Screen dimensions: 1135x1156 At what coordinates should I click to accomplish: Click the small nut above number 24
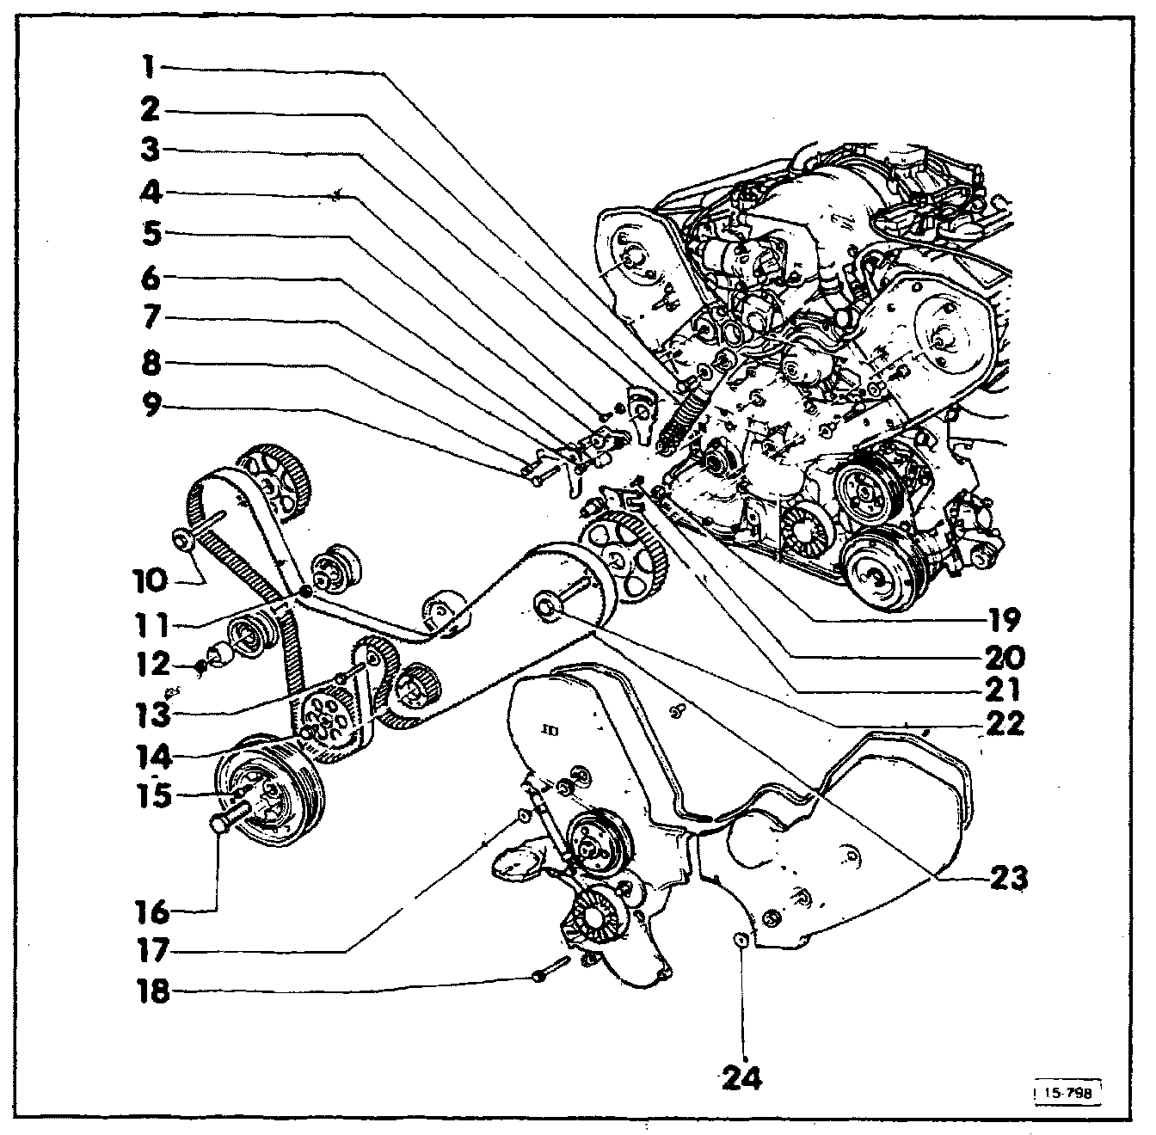pyautogui.click(x=740, y=938)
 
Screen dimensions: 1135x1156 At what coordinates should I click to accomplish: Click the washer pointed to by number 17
pyautogui.click(x=521, y=814)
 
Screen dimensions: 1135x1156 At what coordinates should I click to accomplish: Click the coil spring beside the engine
pyautogui.click(x=683, y=421)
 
